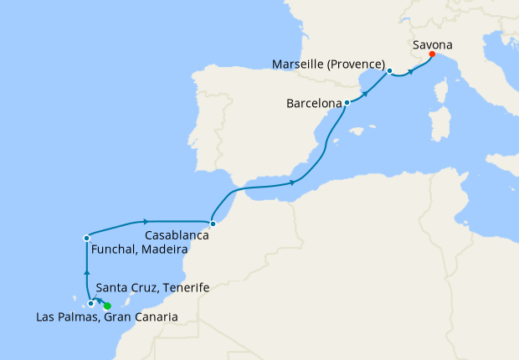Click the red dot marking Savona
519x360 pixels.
432,54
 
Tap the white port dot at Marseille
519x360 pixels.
390,71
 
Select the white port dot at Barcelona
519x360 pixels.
347,103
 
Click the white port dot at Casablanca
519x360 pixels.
213,224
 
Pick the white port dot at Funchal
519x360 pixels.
86,239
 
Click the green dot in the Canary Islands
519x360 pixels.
106,306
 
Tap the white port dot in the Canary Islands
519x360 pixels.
91,303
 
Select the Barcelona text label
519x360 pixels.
314,105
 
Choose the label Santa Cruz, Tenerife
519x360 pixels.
152,288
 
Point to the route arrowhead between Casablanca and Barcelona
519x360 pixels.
292,182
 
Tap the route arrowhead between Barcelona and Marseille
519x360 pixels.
366,87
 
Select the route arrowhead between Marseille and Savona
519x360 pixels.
411,71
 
